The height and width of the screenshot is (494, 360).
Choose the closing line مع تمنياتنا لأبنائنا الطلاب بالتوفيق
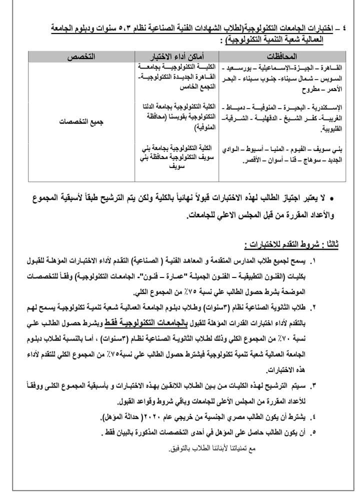pos(212,448)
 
